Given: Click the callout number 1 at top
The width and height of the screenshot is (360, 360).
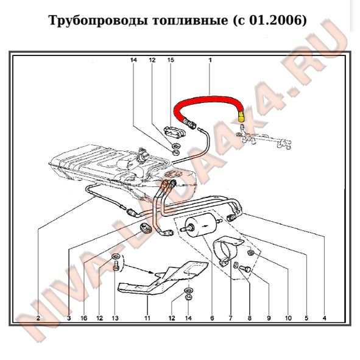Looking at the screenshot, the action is click(210, 60).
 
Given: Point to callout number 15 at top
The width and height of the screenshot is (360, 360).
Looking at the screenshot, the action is click(171, 60).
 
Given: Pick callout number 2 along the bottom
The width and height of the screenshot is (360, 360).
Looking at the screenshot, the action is click(38, 318).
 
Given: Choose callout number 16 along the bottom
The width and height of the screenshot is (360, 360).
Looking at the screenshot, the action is click(84, 318).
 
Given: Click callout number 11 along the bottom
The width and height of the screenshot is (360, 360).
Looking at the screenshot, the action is click(147, 318).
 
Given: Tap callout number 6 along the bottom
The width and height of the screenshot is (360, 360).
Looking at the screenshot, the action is click(212, 318).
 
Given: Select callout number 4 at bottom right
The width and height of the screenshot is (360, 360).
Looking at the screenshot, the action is click(324, 318).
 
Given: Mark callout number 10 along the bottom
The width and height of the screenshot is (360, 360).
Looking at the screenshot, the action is click(288, 318).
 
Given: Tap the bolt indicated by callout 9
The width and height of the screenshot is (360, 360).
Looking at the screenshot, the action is click(245, 269).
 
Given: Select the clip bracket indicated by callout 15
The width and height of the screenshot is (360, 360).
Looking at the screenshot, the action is click(175, 132).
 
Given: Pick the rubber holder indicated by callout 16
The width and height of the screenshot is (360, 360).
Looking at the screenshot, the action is click(145, 228).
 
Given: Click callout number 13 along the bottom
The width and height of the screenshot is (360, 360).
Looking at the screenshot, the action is click(115, 318).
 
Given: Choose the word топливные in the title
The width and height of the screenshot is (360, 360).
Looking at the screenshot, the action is click(190, 20).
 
